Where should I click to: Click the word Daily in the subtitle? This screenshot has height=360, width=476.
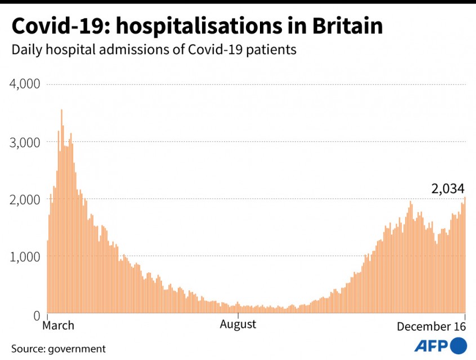(x=26, y=49)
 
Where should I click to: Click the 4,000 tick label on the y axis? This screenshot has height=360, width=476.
(x=25, y=84)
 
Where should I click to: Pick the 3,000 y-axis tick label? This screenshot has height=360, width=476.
(x=25, y=142)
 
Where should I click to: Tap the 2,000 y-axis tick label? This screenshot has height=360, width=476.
(x=25, y=199)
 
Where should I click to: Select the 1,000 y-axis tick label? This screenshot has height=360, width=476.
(x=25, y=256)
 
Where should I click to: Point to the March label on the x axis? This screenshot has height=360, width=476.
(x=59, y=325)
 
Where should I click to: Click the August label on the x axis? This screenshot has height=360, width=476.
(x=238, y=324)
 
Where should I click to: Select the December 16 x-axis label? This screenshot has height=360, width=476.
(x=431, y=326)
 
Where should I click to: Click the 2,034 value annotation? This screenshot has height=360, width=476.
(x=448, y=189)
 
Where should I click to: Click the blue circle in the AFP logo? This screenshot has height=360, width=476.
(x=459, y=345)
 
